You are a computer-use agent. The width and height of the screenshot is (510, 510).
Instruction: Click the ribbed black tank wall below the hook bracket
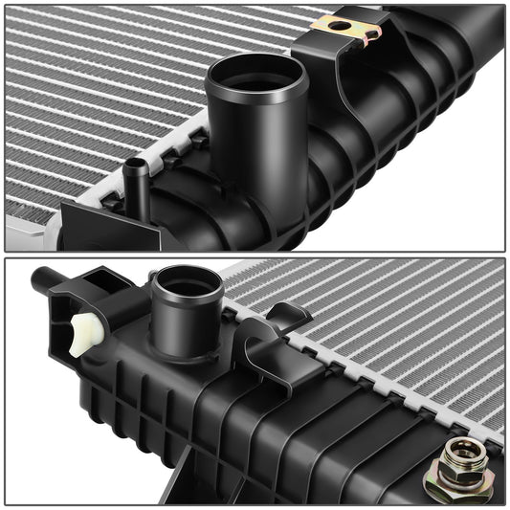click(287, 421)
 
